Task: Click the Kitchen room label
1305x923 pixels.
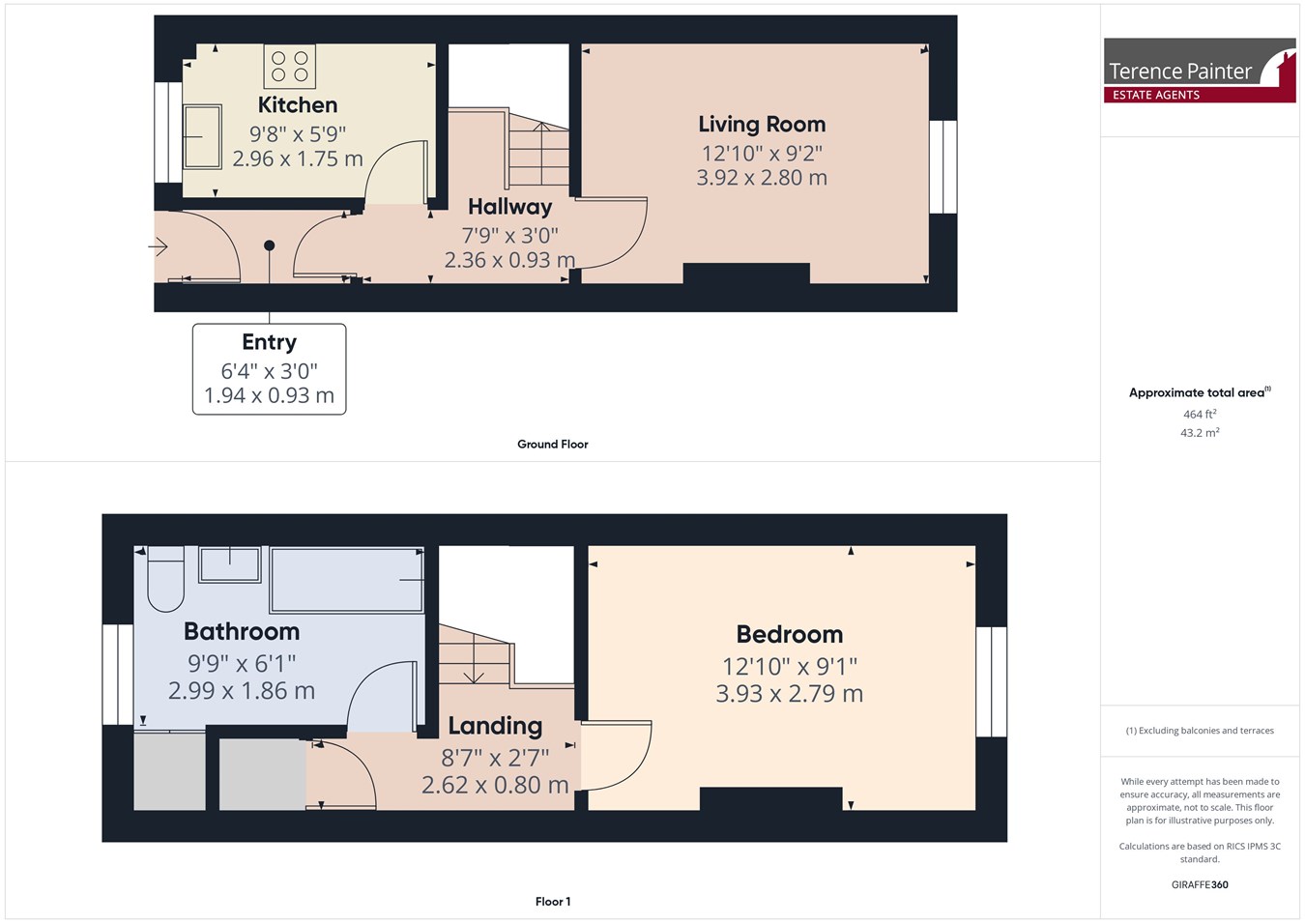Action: click(298, 104)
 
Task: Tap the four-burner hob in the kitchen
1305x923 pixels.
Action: click(290, 67)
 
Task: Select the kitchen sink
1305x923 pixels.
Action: click(202, 137)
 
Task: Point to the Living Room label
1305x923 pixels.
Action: click(762, 124)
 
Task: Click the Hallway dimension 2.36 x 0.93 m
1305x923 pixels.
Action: click(509, 260)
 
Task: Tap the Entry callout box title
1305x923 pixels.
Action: click(269, 342)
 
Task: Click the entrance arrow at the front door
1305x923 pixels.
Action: click(158, 246)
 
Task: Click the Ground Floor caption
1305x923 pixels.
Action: click(553, 445)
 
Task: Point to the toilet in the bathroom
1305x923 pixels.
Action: click(166, 578)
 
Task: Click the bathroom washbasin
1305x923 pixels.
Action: click(229, 564)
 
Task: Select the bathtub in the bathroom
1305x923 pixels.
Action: click(347, 580)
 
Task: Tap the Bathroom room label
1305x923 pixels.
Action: click(242, 631)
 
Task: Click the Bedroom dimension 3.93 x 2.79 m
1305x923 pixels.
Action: click(790, 694)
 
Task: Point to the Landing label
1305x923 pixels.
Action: click(495, 726)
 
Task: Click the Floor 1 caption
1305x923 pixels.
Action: click(553, 902)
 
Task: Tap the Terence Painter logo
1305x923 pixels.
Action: click(1200, 71)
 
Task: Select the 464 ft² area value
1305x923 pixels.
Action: click(1200, 414)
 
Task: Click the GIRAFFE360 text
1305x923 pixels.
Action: click(1200, 884)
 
